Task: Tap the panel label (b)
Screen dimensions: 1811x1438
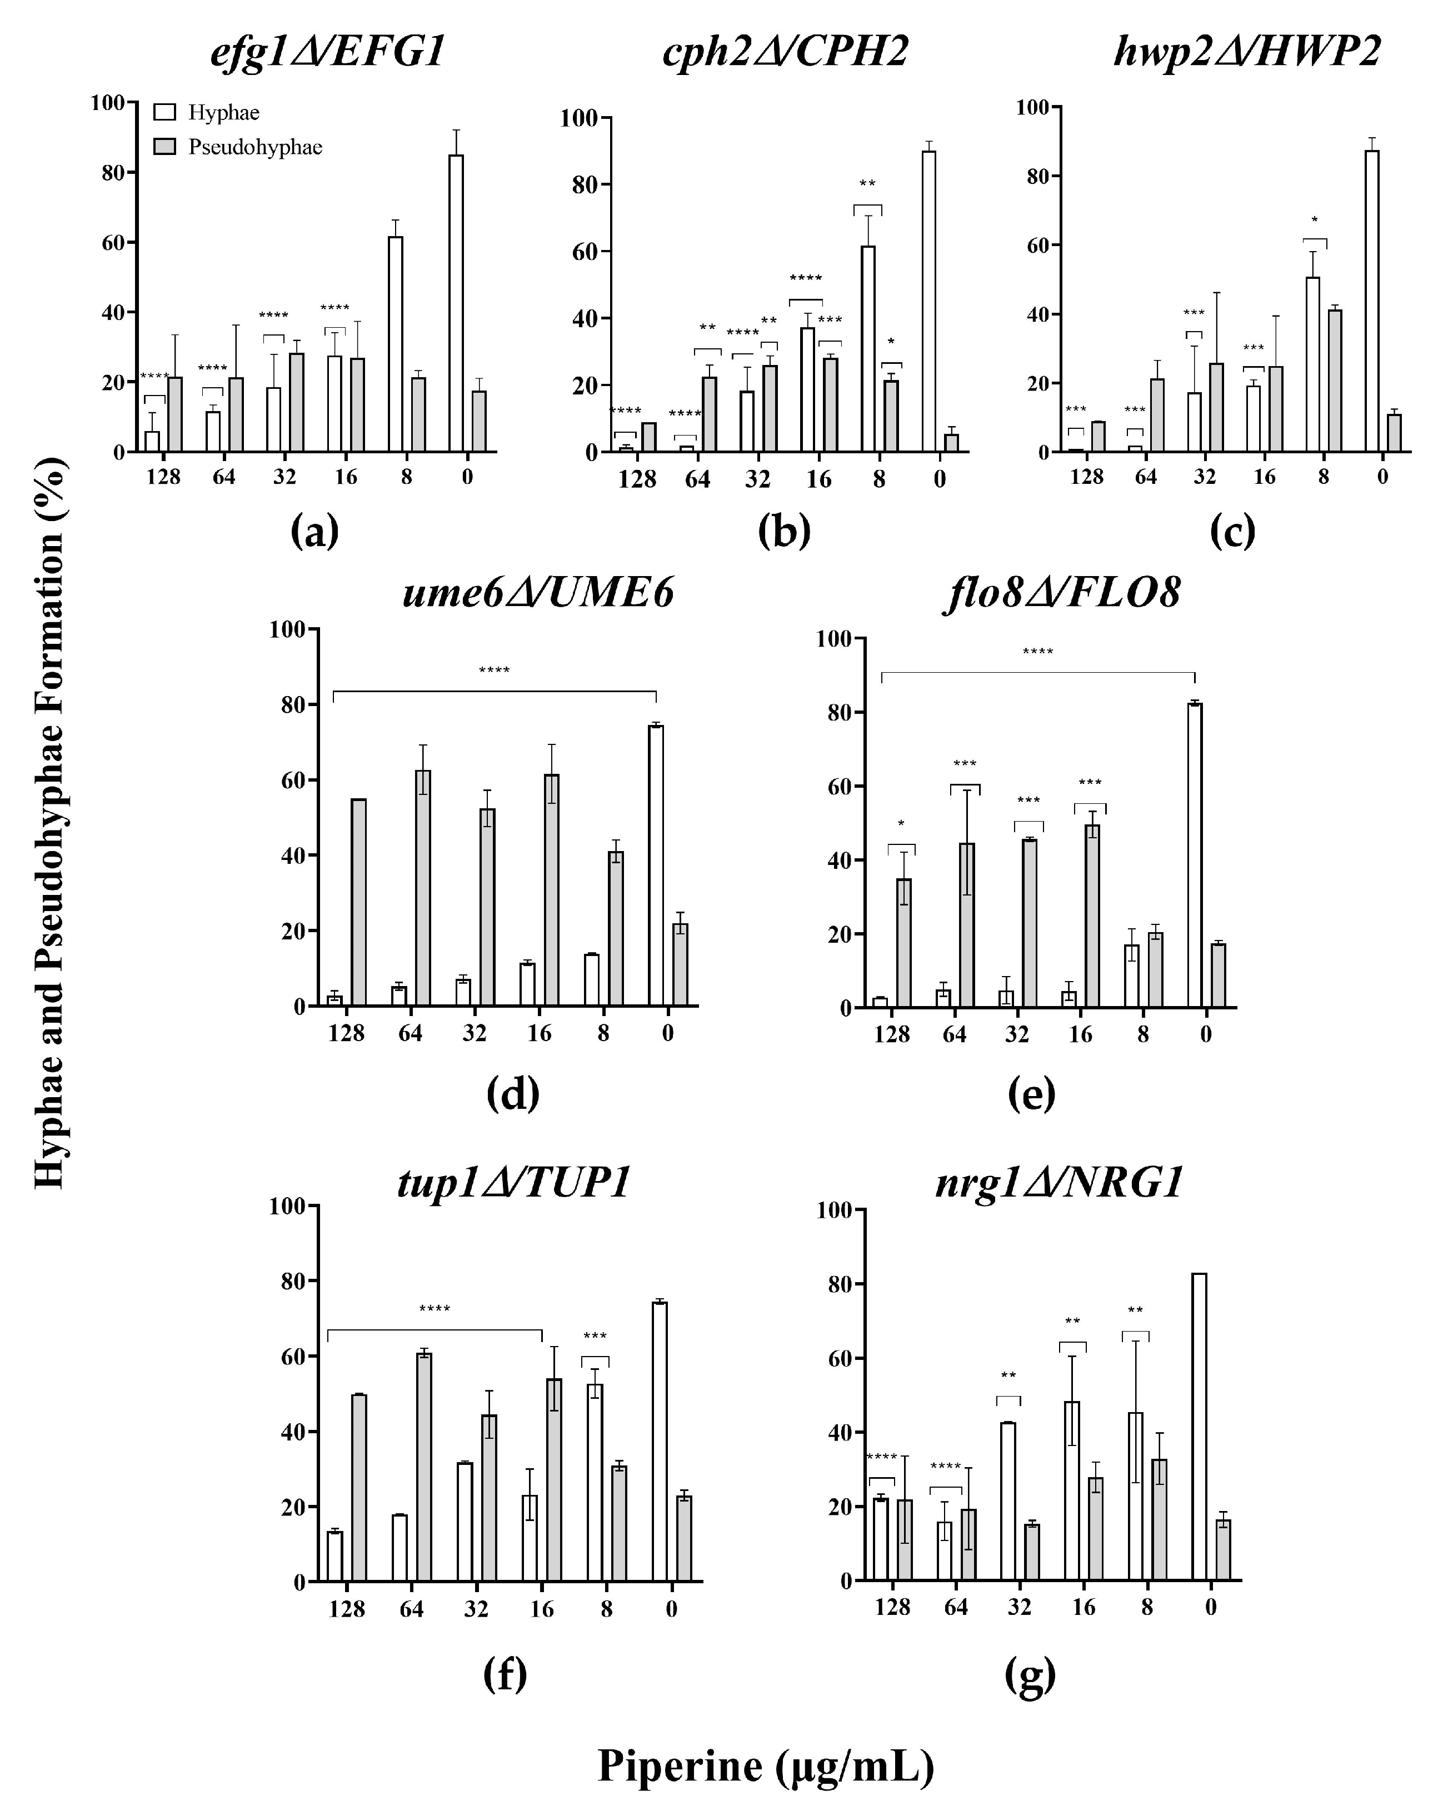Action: (x=783, y=531)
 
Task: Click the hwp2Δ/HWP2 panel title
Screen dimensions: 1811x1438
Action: (x=1246, y=52)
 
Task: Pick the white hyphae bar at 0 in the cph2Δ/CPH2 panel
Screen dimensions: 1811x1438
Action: (x=928, y=302)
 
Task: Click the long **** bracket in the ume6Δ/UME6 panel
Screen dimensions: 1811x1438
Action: (x=494, y=691)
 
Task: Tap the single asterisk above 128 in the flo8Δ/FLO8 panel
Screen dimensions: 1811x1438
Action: (x=901, y=823)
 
